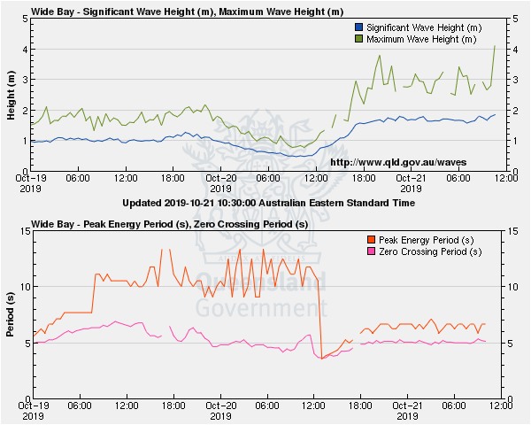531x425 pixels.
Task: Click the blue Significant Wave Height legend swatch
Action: coord(358,28)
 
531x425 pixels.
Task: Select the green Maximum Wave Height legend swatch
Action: coord(358,39)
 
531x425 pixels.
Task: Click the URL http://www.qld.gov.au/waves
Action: coord(397,162)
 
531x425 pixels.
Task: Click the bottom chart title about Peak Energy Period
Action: coord(169,224)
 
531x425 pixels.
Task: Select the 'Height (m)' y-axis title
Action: coord(11,95)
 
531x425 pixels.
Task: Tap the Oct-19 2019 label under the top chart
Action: coord(31,183)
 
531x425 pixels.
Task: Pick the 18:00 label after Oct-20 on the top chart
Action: coord(362,178)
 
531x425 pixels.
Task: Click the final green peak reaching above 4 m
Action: coord(494,46)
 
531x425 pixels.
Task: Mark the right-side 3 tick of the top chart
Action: coord(514,80)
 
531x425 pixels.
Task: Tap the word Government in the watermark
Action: coord(256,308)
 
